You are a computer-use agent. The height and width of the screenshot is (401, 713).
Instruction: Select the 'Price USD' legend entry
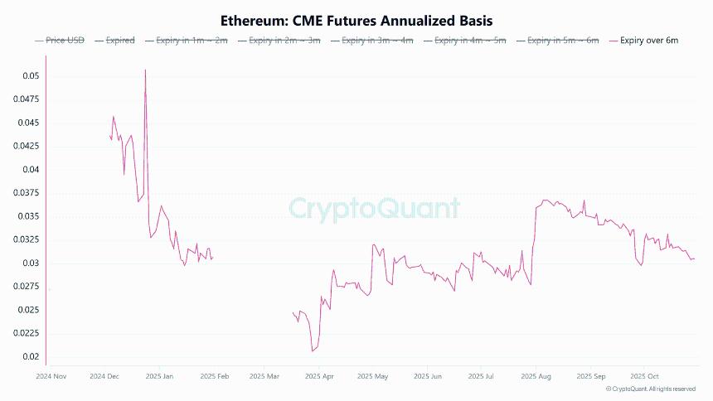point(61,41)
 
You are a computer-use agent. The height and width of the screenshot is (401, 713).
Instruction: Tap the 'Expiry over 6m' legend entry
point(643,41)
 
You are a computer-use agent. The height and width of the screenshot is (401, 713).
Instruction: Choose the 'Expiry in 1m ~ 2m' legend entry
point(186,41)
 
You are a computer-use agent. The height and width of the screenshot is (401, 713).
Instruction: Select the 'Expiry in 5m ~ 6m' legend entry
point(557,41)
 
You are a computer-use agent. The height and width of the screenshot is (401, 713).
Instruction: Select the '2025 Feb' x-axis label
point(214,376)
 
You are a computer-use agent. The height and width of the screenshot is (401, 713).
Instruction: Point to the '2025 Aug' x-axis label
point(536,376)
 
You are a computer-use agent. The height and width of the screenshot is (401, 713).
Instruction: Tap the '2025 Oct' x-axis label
point(643,376)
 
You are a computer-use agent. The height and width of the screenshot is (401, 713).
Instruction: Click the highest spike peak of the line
point(145,70)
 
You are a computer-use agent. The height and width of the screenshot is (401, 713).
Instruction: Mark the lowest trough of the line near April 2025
point(313,351)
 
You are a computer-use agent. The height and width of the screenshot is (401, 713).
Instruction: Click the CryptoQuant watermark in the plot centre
point(374,208)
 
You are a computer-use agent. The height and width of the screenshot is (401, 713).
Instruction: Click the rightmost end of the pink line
point(695,259)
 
